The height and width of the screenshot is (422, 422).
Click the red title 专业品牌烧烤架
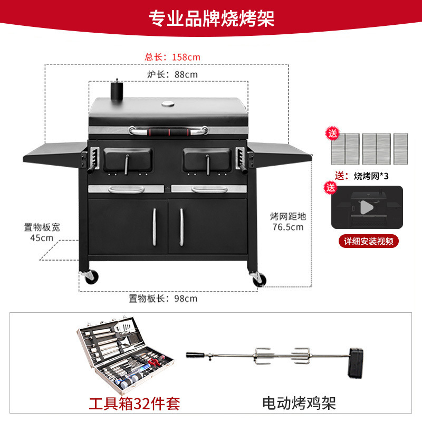212,19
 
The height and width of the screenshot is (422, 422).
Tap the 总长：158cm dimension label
172,56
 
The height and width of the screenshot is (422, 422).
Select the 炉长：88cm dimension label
172,74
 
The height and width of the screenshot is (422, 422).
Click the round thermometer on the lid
168,103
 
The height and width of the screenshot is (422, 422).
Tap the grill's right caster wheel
258,279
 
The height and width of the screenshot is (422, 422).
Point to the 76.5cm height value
287,227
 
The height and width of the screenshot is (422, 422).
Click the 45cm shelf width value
42,237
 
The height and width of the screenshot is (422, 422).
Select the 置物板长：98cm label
163,299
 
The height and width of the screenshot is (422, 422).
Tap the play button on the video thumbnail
367,207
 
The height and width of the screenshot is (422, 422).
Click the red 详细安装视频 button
368,241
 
